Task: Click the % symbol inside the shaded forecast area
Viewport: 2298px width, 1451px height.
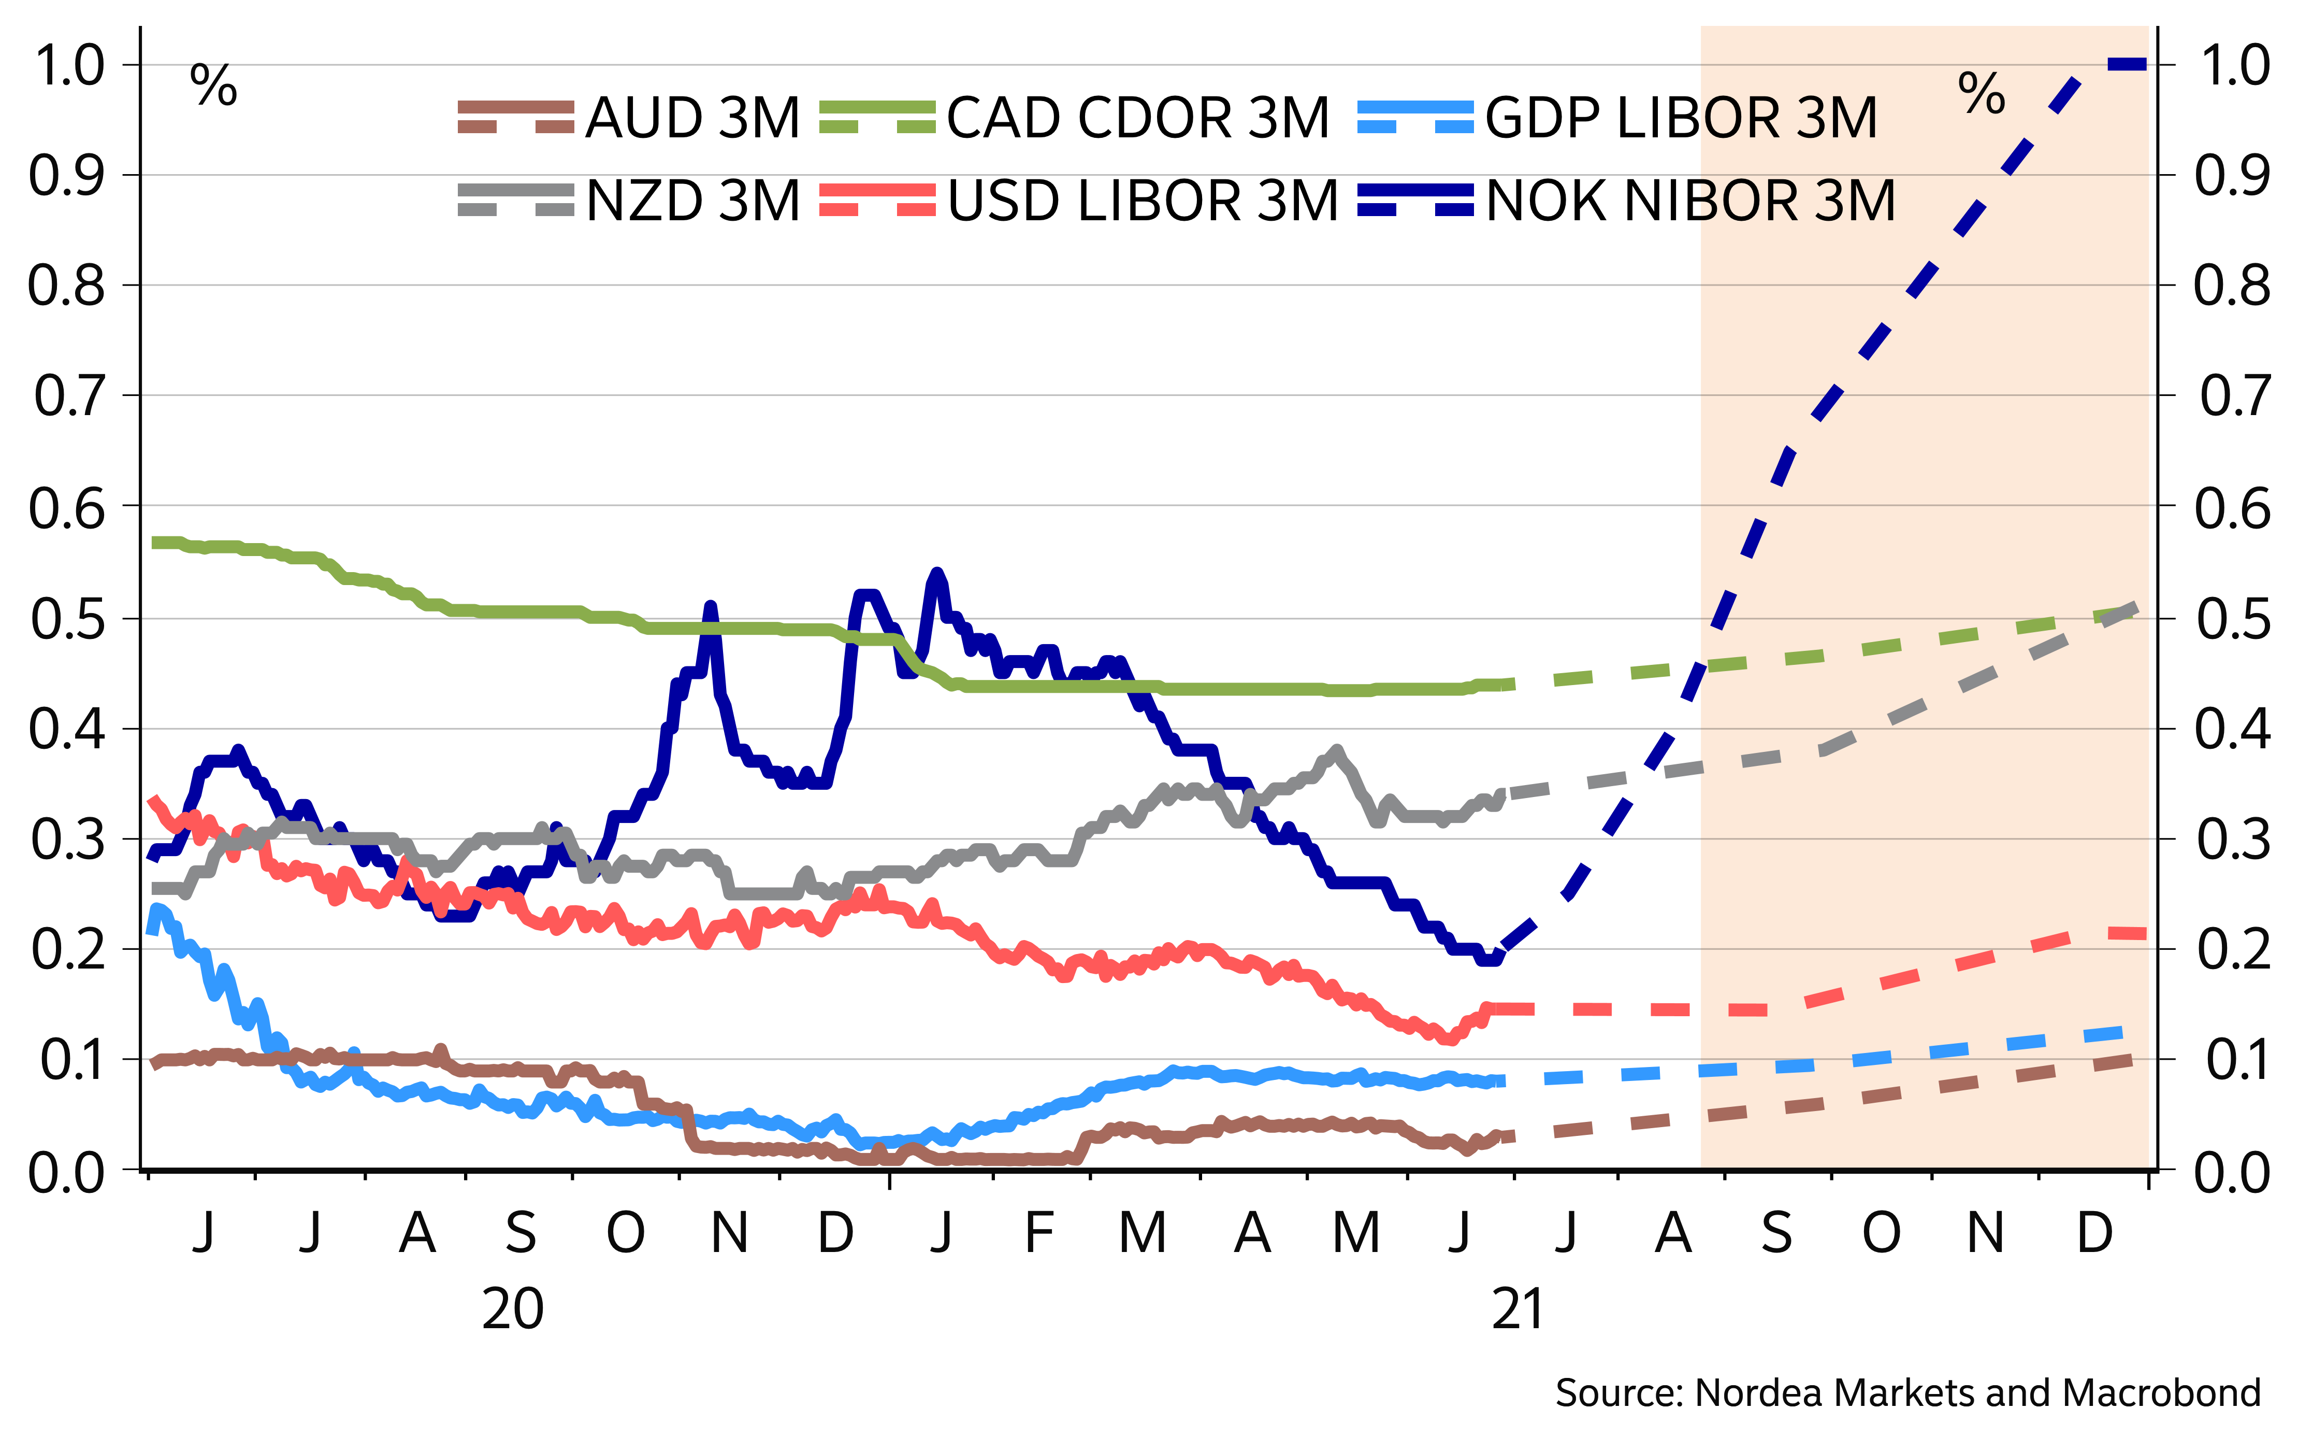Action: (x=1981, y=94)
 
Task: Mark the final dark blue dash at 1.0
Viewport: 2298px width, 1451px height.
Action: (x=2126, y=64)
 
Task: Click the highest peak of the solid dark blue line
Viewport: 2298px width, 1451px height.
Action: (x=937, y=574)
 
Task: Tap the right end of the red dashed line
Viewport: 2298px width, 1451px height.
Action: (x=2143, y=934)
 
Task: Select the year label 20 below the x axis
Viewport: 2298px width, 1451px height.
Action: (x=512, y=1309)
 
